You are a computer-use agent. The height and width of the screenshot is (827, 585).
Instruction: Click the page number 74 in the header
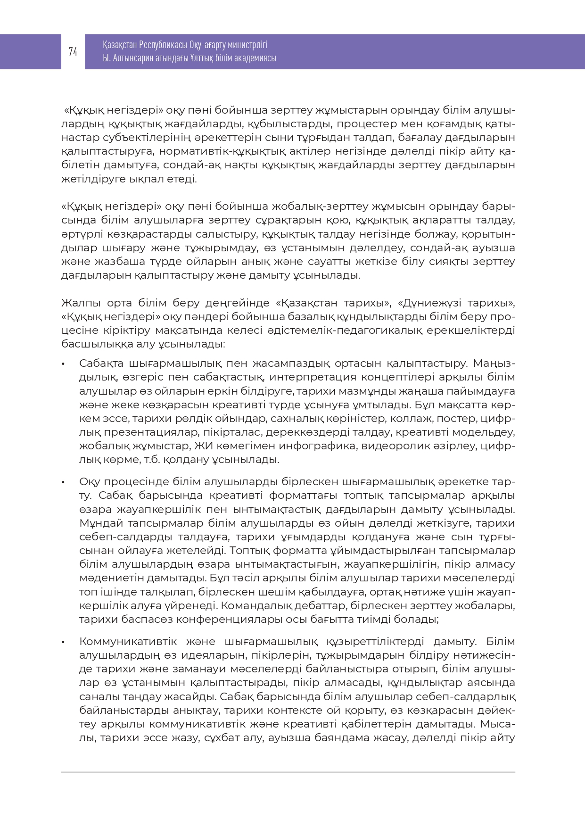[x=73, y=52]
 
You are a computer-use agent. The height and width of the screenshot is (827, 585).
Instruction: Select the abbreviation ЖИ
[x=199, y=446]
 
